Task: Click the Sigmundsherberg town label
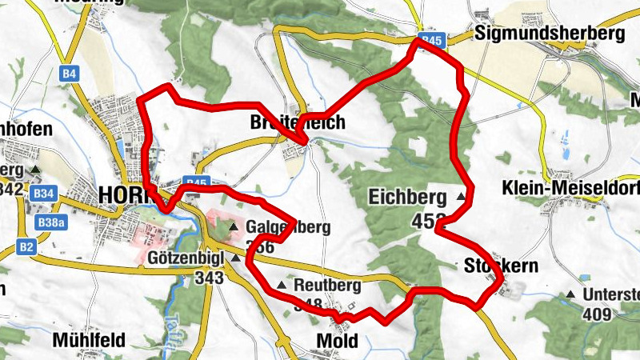coord(548,34)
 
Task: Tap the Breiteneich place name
coord(297,122)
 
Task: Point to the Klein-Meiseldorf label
coord(570,188)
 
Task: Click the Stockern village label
coord(501,266)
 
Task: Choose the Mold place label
coord(337,341)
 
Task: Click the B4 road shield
coord(70,74)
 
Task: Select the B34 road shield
coord(44,193)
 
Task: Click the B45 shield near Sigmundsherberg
coord(431,39)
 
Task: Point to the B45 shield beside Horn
coord(196,182)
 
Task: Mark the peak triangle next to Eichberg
coord(461,196)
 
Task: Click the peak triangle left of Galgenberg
coord(234,228)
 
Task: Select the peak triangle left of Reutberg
coord(282,285)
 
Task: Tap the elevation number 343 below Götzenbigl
coord(210,278)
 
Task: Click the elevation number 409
coord(598,314)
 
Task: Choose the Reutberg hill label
coord(327,285)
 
